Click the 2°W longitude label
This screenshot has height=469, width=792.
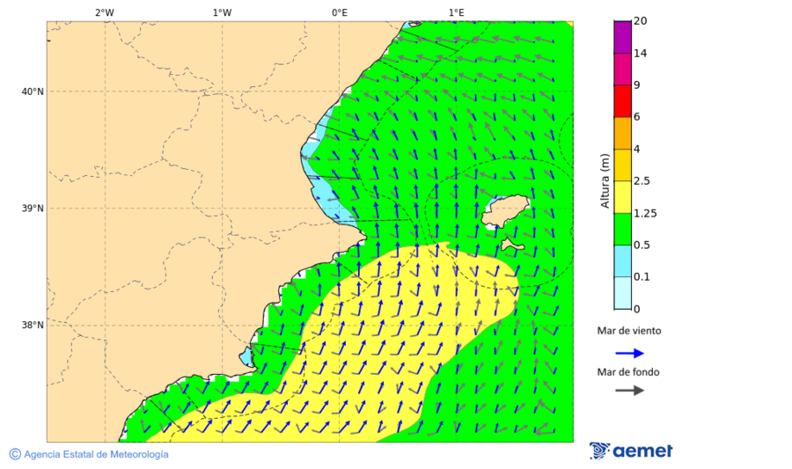coord(104,12)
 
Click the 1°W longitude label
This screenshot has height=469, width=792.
coord(222,12)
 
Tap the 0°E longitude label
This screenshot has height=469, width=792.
coord(339,12)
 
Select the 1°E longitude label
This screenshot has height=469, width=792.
coord(456,12)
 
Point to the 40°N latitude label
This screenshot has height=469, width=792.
coord(33,92)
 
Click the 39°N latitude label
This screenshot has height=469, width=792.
coord(33,209)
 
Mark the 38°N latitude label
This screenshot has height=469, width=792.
coord(33,325)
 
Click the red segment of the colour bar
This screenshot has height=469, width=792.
coord(622,101)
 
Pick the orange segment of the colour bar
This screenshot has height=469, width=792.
coord(622,133)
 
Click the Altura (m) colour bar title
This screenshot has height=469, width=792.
coord(605,180)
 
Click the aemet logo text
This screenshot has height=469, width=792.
coord(642,451)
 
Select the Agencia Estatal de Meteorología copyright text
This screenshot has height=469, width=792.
coord(96,454)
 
